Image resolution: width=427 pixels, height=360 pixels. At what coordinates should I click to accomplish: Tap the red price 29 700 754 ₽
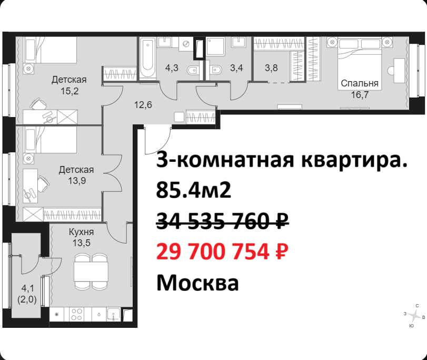(x=222, y=251)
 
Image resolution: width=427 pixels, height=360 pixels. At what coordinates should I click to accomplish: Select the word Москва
(x=198, y=283)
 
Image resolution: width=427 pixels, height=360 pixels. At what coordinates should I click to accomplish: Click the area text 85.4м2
(x=194, y=190)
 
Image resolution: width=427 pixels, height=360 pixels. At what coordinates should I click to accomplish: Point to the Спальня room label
(x=360, y=83)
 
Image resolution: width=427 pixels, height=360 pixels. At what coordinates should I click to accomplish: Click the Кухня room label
(x=82, y=232)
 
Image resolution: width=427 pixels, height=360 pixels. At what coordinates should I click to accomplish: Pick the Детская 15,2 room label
(x=69, y=85)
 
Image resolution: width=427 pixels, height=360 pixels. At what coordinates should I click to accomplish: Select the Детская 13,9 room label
(x=76, y=175)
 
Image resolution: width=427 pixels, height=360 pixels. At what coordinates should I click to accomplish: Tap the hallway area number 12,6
(x=143, y=105)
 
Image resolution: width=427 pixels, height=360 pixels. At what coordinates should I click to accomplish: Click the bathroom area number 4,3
(x=172, y=67)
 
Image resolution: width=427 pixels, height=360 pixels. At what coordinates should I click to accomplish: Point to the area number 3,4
(x=236, y=67)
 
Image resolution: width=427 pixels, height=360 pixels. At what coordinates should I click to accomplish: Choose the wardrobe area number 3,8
(x=271, y=67)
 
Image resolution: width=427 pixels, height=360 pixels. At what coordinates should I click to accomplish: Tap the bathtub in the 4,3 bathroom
(x=147, y=57)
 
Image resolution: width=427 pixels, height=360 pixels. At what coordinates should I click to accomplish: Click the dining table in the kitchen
(x=91, y=271)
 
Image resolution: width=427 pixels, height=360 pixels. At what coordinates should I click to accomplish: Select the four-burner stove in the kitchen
(x=76, y=314)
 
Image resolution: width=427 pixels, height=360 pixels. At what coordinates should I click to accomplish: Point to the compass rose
(x=415, y=316)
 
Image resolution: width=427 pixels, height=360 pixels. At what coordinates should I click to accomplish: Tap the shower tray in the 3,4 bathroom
(x=216, y=46)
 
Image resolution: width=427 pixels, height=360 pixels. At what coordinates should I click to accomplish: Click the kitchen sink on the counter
(x=114, y=314)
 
